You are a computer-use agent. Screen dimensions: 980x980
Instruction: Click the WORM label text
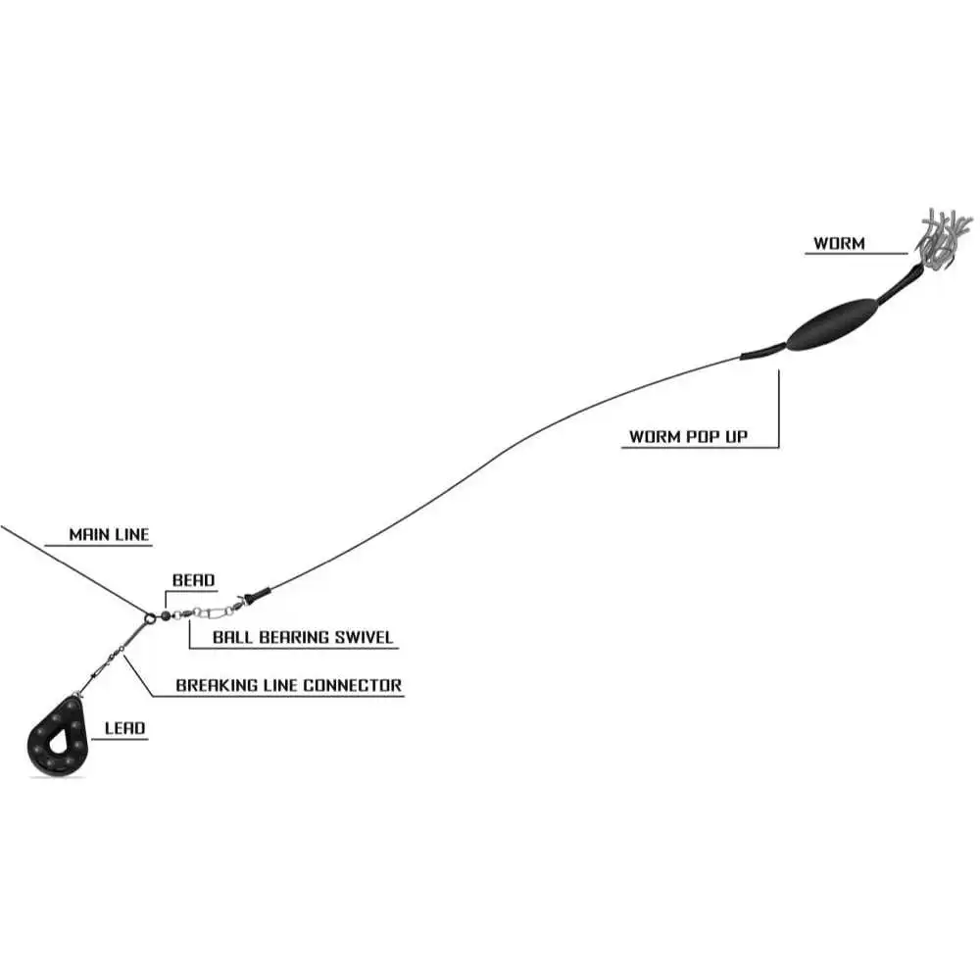click(839, 242)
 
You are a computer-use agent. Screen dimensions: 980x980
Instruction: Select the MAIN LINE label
click(109, 535)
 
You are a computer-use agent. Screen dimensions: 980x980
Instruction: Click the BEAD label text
click(193, 580)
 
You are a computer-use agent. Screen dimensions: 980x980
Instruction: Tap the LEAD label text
click(124, 728)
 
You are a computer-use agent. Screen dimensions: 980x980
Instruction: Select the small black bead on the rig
click(167, 615)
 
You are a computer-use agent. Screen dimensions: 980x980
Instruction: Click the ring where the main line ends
click(149, 617)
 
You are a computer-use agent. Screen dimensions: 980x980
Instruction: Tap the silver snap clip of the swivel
click(208, 612)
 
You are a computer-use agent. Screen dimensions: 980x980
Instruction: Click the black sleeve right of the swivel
click(256, 594)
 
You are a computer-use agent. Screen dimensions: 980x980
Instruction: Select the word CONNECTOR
click(353, 685)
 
